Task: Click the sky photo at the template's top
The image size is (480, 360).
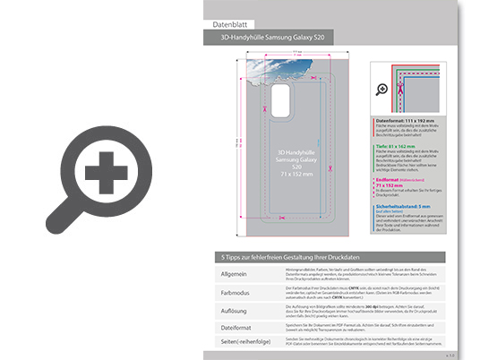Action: tap(260, 76)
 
